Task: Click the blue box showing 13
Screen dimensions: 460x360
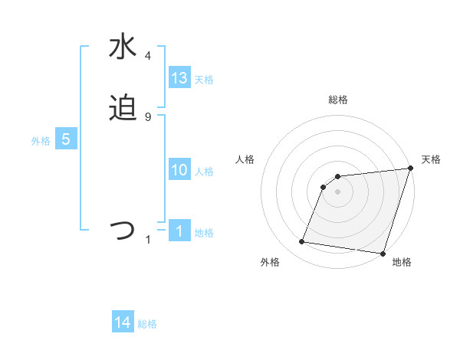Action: (179, 78)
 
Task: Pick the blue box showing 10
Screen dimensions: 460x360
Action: (179, 170)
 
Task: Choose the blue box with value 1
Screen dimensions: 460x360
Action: (179, 231)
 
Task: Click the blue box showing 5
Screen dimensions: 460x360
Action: (66, 139)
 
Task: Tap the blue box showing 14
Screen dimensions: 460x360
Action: (123, 322)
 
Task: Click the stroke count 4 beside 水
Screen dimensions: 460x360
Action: (148, 56)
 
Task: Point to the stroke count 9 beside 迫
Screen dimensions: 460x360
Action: (148, 116)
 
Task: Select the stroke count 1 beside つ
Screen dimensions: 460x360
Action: (148, 240)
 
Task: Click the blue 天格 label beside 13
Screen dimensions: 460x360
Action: (204, 80)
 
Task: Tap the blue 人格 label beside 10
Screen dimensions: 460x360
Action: (204, 172)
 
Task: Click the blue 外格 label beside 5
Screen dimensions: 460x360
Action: (41, 141)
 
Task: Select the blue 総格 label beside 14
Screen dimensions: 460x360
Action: (147, 324)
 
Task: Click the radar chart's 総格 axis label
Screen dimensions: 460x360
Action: (338, 100)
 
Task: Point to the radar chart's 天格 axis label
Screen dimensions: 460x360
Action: (431, 159)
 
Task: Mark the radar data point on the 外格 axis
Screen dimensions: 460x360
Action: (302, 242)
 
